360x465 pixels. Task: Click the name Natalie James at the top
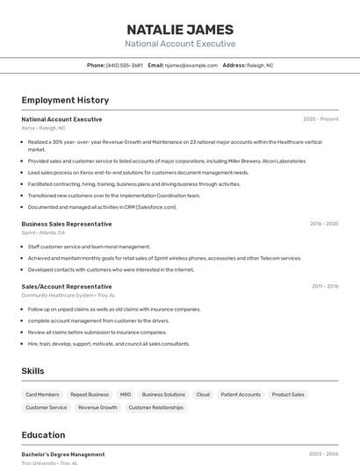click(180, 29)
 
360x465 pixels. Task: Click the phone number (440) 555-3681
click(124, 65)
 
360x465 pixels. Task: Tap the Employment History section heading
click(65, 100)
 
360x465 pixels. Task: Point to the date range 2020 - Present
click(320, 118)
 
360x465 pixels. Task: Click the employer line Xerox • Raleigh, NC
click(43, 128)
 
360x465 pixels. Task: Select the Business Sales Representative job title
click(67, 224)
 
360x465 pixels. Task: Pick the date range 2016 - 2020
click(324, 224)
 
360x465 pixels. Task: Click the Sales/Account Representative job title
click(67, 286)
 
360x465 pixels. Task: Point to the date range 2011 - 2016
click(325, 286)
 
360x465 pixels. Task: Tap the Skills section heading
click(32, 371)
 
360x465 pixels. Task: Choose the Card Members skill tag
click(42, 395)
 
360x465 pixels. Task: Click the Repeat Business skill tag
click(90, 395)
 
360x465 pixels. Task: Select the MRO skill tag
click(126, 395)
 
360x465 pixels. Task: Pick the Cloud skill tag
click(203, 395)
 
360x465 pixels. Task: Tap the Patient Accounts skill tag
click(241, 395)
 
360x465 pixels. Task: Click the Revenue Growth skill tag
click(97, 407)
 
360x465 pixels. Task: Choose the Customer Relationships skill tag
click(156, 407)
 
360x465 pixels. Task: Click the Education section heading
click(43, 435)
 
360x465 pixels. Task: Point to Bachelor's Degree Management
click(63, 454)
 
